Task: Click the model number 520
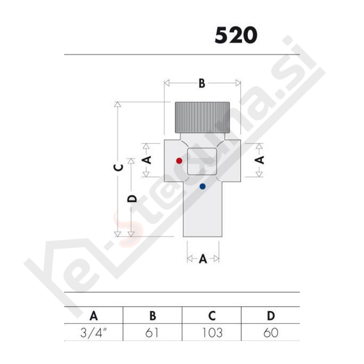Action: [236, 35]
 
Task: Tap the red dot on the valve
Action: [179, 161]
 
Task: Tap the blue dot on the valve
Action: [202, 186]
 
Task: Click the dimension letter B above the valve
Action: [202, 83]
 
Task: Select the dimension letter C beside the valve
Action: [118, 167]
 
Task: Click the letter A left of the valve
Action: [146, 160]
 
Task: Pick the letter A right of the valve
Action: [259, 160]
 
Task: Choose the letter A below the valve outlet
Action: [203, 259]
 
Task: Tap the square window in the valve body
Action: [202, 162]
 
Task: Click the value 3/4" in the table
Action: [94, 333]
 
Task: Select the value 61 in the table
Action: [153, 333]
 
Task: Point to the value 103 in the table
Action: [212, 333]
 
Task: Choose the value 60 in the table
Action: [271, 333]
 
